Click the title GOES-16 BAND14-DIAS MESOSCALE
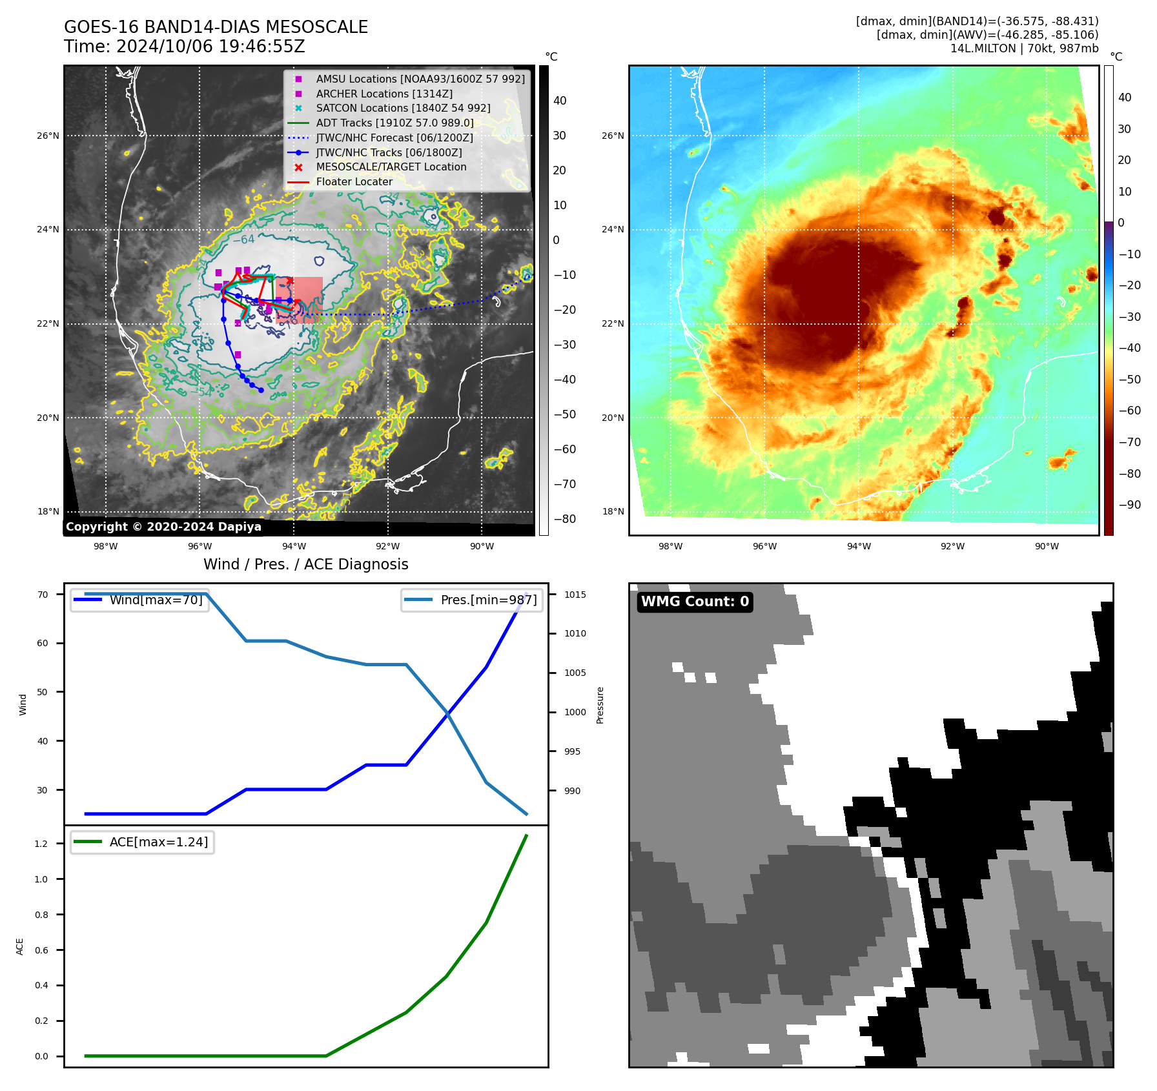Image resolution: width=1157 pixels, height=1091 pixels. click(x=216, y=27)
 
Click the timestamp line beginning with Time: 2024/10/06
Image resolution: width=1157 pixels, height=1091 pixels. click(x=184, y=46)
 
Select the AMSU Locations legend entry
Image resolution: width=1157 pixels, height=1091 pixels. click(x=420, y=79)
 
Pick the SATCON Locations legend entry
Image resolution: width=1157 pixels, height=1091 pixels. click(x=402, y=108)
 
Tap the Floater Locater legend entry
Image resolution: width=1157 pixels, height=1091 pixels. click(x=354, y=182)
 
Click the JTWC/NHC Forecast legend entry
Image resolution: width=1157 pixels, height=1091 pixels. click(x=394, y=138)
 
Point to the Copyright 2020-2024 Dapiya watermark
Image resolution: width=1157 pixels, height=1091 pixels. click(x=163, y=527)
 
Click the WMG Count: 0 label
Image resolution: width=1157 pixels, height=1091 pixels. click(x=695, y=602)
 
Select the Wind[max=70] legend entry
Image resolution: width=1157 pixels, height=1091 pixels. click(x=156, y=600)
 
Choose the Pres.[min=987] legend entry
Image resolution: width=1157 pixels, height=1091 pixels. click(x=488, y=600)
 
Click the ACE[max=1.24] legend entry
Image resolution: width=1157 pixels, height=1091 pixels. click(x=158, y=842)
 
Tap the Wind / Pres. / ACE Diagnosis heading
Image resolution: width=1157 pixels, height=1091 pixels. click(x=305, y=564)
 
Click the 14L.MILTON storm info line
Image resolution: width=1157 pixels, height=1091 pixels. click(x=1024, y=48)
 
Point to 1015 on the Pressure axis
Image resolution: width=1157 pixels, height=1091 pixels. click(x=575, y=595)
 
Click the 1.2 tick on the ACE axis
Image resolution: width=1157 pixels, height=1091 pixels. click(x=41, y=844)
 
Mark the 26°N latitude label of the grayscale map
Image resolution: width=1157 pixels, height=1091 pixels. click(x=48, y=136)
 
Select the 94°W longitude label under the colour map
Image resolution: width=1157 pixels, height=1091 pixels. click(x=859, y=546)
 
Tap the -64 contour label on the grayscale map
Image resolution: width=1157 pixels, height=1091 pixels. click(x=243, y=240)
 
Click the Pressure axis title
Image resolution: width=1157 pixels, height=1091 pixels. click(x=600, y=705)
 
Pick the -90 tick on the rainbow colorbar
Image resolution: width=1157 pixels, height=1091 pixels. click(x=1129, y=505)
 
